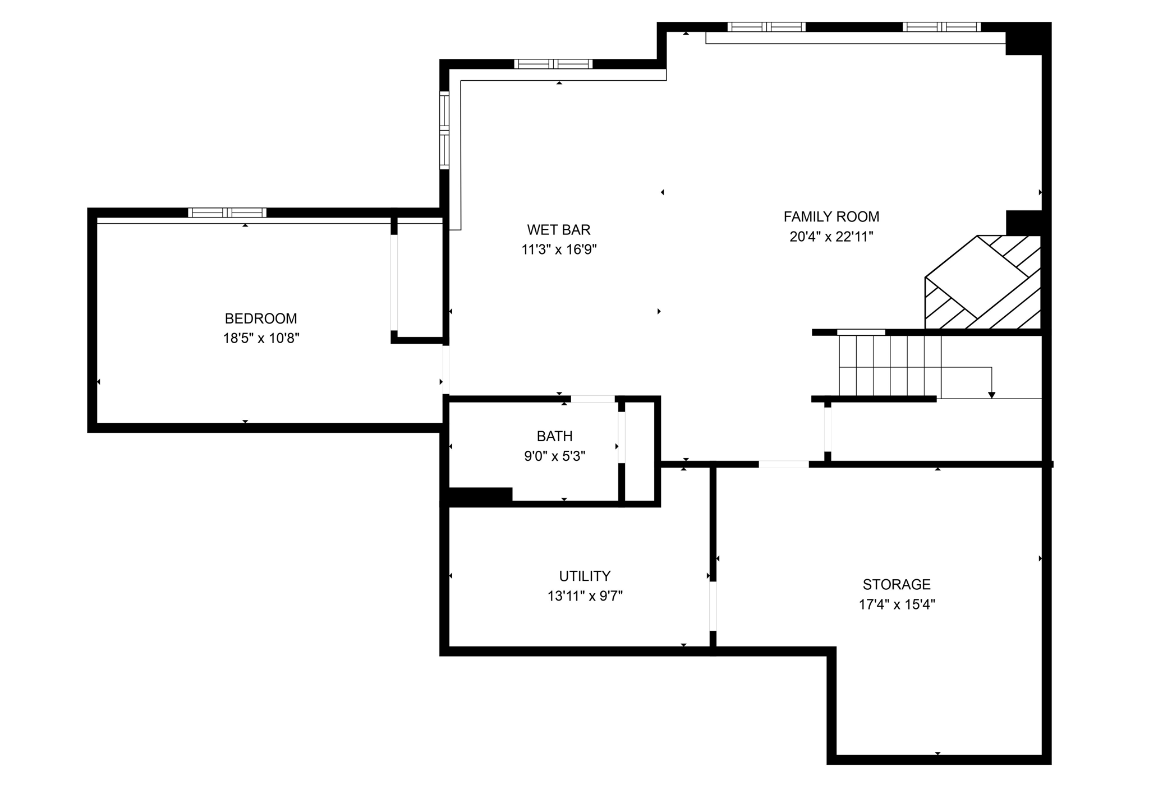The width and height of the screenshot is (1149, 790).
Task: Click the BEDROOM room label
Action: (x=261, y=318)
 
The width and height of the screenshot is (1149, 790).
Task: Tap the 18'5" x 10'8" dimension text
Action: (x=261, y=339)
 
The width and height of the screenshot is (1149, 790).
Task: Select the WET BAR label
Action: (x=559, y=229)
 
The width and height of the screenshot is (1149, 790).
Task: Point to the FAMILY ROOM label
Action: (x=831, y=216)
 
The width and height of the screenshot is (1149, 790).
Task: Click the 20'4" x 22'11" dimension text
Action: (x=831, y=237)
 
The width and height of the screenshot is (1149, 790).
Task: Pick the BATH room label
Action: (x=554, y=436)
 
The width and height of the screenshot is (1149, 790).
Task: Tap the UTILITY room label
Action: (x=585, y=576)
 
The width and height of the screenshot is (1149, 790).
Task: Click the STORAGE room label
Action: (x=896, y=584)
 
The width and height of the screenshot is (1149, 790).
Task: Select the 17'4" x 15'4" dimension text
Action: (x=897, y=604)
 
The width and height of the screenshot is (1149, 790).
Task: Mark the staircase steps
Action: (x=889, y=366)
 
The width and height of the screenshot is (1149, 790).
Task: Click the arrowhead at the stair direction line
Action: (x=991, y=395)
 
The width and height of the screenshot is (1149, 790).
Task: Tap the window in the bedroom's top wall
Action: (x=227, y=212)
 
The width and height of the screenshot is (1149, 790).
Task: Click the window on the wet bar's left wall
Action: (x=444, y=130)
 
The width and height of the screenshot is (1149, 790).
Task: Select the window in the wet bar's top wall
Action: (x=553, y=64)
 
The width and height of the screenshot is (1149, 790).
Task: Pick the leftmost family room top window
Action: (x=766, y=27)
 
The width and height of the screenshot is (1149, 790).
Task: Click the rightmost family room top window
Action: (x=941, y=27)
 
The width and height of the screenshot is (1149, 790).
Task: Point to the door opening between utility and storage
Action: (x=713, y=607)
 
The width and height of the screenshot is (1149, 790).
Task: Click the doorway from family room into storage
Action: (x=783, y=464)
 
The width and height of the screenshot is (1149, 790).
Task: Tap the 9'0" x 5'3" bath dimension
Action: (x=554, y=456)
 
